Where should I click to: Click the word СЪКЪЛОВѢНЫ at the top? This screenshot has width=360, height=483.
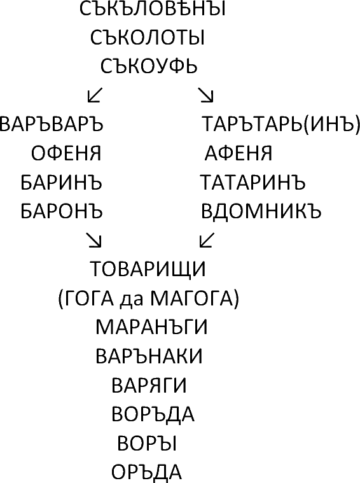point(153,9)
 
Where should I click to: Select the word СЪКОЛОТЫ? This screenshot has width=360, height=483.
point(148,38)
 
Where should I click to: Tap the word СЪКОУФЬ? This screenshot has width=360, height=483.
point(149,67)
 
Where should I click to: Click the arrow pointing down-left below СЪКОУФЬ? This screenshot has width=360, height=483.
point(95,95)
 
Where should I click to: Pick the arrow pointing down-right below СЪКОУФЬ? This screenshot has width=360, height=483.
point(205,95)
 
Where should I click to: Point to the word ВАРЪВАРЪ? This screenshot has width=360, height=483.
point(51,124)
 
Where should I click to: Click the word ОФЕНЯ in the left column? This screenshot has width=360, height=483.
point(66,153)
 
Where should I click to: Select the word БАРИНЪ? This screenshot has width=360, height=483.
point(61,183)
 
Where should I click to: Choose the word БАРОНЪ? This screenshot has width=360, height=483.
point(62,211)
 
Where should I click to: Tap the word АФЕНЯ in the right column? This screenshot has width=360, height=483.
point(239,153)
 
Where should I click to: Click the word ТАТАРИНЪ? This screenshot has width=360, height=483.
point(253,183)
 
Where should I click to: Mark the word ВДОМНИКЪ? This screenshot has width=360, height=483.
point(261,211)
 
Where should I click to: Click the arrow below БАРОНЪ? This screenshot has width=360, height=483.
point(93,240)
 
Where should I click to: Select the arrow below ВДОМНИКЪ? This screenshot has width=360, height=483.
point(207,240)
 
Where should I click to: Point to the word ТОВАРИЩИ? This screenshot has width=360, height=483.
point(148,269)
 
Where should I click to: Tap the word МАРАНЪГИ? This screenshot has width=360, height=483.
point(151,327)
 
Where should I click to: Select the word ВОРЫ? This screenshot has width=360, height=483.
point(147,444)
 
